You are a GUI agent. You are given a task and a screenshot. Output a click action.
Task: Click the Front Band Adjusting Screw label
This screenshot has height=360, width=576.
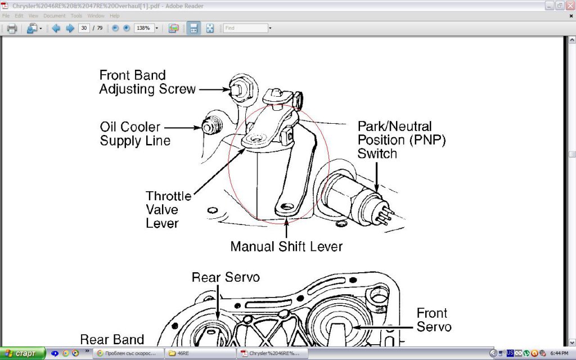coord(147,82)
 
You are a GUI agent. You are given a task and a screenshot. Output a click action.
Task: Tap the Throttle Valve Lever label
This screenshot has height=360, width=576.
coord(168,209)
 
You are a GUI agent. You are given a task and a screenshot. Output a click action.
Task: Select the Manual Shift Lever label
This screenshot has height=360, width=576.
coord(286,246)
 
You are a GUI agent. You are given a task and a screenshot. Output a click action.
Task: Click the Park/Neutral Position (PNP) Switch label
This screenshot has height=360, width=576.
coord(402,139)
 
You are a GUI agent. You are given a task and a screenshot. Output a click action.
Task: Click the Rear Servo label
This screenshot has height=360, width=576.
coord(226,277)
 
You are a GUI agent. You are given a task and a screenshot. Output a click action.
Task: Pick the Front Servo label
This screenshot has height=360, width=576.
coord(433,319)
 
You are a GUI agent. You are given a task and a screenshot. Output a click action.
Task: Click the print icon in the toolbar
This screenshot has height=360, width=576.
coord(12,28)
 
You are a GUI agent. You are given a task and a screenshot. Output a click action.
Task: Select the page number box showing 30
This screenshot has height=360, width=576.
coord(84,28)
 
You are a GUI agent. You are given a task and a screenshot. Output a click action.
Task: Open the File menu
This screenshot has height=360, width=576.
coord(6,16)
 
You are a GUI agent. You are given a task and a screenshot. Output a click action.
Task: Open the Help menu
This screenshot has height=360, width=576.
coord(115,16)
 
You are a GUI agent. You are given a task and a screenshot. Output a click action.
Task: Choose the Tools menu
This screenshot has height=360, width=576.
coord(76,16)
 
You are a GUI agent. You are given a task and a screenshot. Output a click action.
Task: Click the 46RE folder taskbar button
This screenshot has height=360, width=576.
coord(200,353)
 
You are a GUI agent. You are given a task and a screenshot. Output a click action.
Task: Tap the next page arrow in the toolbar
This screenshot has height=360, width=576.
coord(70,28)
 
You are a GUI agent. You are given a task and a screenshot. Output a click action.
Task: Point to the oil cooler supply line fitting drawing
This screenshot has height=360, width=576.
coord(210,128)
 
